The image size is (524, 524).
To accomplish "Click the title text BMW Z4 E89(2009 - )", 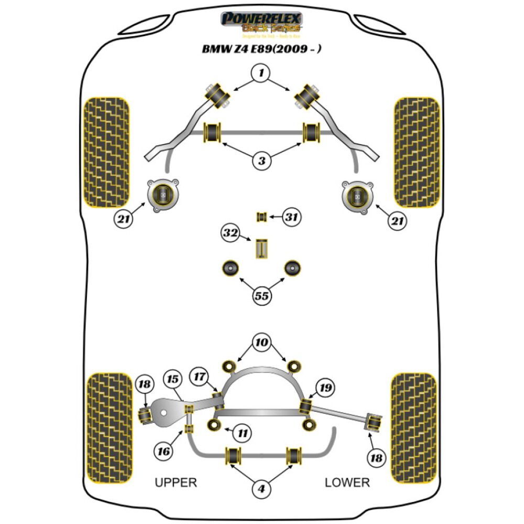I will coord(262,49).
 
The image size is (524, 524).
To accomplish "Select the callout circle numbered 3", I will coord(262,161).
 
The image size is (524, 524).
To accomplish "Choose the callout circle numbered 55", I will coord(262,296).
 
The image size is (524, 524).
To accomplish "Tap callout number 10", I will coord(262,344).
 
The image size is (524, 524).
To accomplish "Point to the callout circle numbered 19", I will coord(325,388).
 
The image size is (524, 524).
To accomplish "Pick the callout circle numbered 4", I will coord(262,489).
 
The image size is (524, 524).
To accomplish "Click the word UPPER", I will coord(176,483).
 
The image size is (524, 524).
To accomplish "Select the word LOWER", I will coord(347,483).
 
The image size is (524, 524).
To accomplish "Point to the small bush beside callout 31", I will coord(262,216).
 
